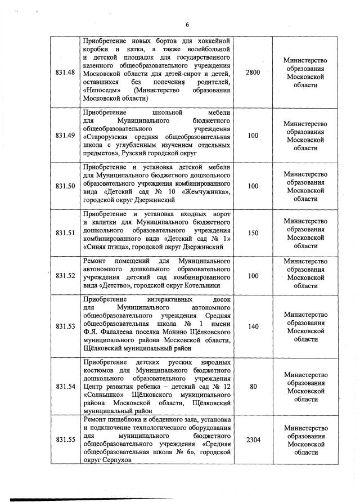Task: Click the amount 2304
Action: click(253, 440)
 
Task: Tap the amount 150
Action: click(253, 232)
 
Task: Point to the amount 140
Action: click(253, 326)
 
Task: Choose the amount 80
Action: click(253, 386)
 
